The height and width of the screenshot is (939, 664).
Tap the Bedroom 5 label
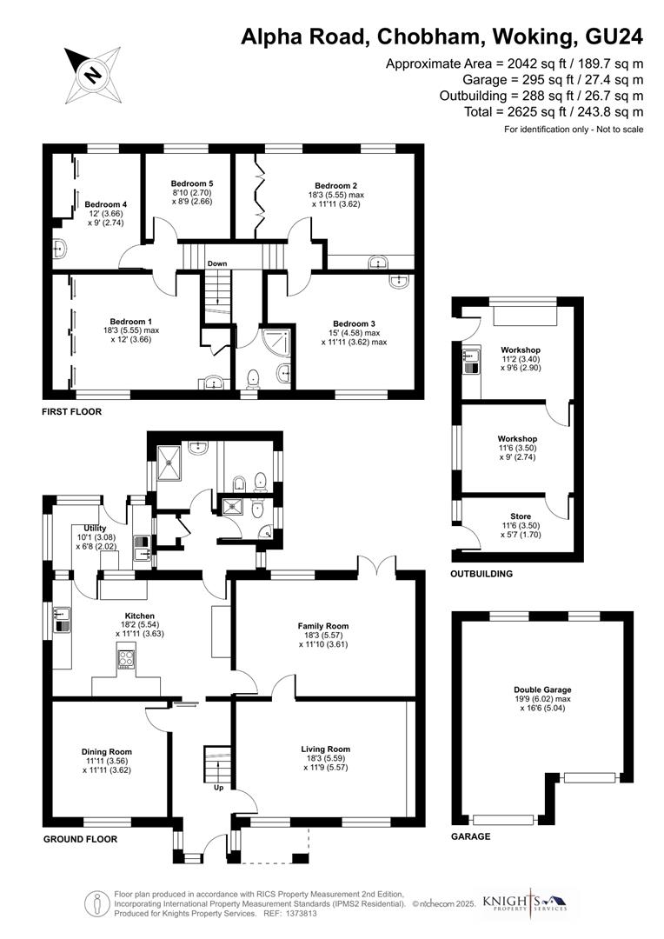(192, 183)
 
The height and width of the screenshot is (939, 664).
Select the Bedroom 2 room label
(336, 185)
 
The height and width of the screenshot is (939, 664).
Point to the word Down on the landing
(217, 263)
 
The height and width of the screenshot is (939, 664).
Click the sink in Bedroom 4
(60, 249)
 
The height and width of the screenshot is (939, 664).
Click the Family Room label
(323, 626)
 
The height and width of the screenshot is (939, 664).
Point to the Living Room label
(326, 749)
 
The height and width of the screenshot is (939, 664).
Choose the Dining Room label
(107, 751)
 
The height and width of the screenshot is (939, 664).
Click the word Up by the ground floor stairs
(219, 789)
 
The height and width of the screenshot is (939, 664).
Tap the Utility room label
(95, 528)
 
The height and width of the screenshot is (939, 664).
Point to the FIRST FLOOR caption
(72, 411)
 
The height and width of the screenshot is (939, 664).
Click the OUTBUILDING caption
(481, 574)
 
